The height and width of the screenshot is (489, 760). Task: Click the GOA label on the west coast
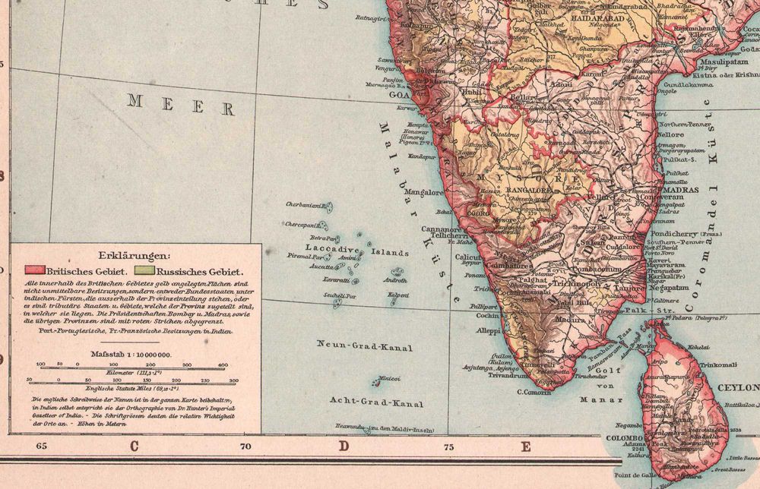400,96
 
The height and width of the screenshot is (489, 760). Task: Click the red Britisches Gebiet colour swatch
36,270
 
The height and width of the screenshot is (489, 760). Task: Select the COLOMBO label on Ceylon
622,438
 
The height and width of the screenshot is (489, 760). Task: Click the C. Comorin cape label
534,393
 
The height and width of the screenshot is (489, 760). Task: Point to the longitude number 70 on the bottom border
245,447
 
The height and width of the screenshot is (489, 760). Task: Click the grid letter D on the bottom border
344,446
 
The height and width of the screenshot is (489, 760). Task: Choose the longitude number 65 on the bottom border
41,447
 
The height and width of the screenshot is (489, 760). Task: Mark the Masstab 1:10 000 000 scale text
131,354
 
